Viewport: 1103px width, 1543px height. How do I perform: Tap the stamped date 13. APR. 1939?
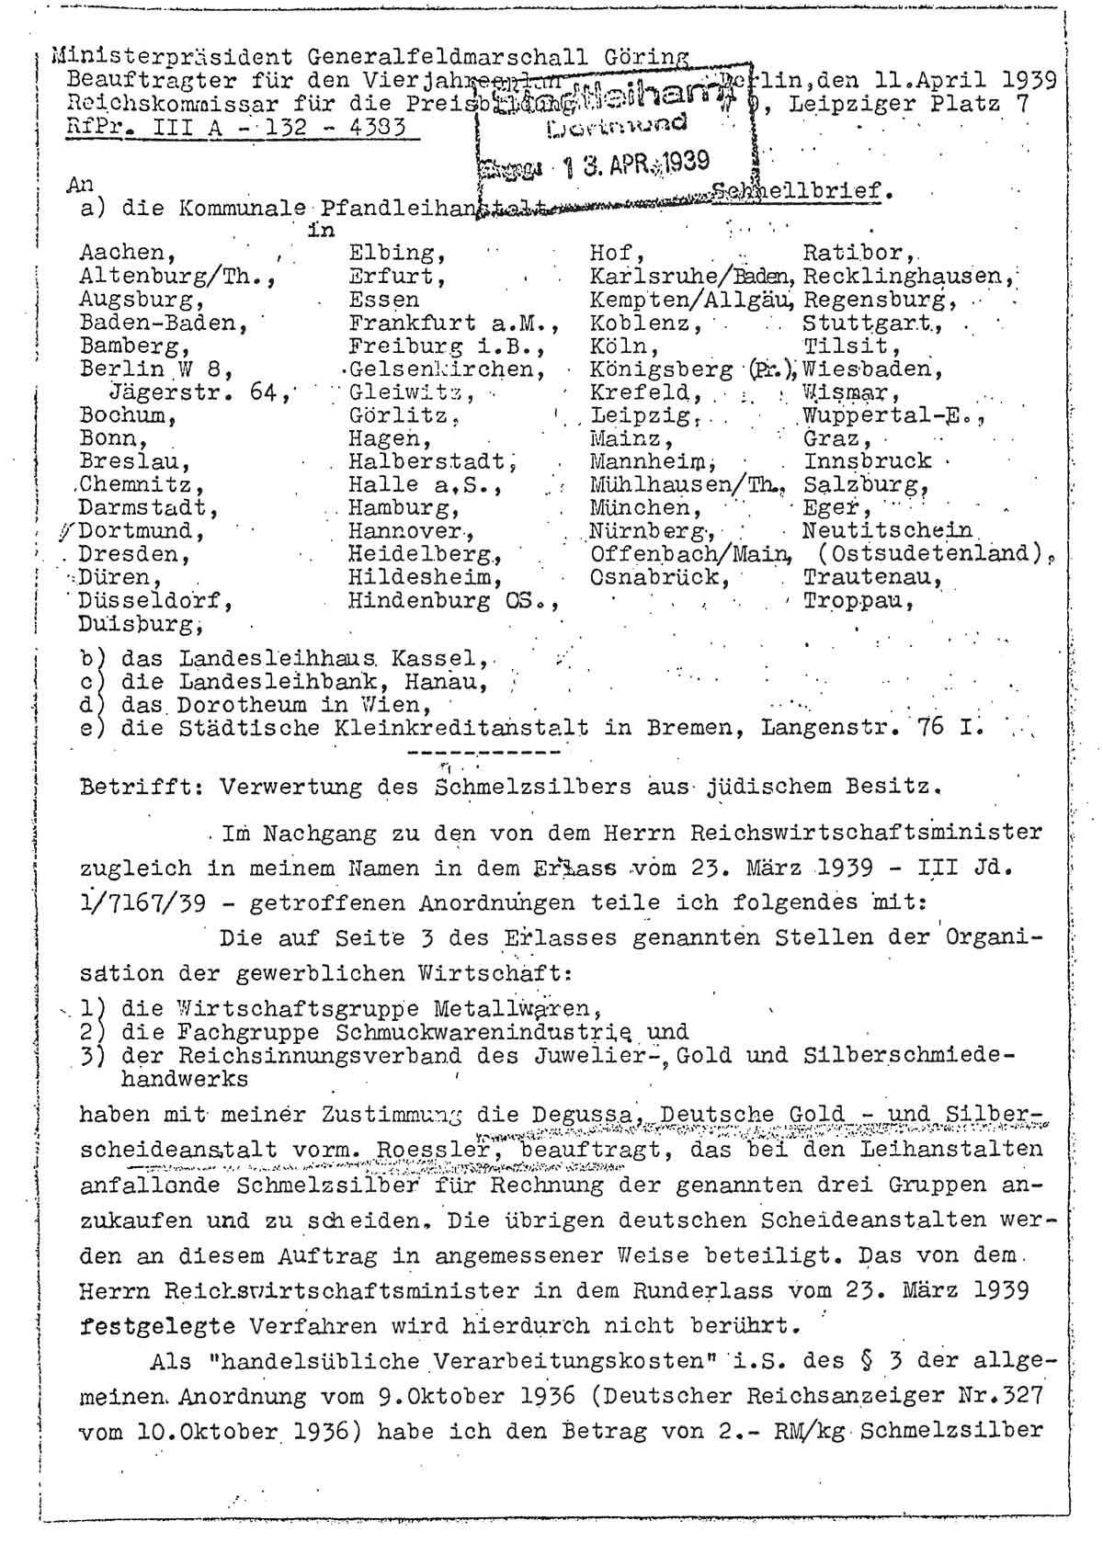[x=635, y=163]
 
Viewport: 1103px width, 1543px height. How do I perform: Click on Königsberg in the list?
[x=661, y=370]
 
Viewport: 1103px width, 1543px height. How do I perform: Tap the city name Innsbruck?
[x=867, y=460]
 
